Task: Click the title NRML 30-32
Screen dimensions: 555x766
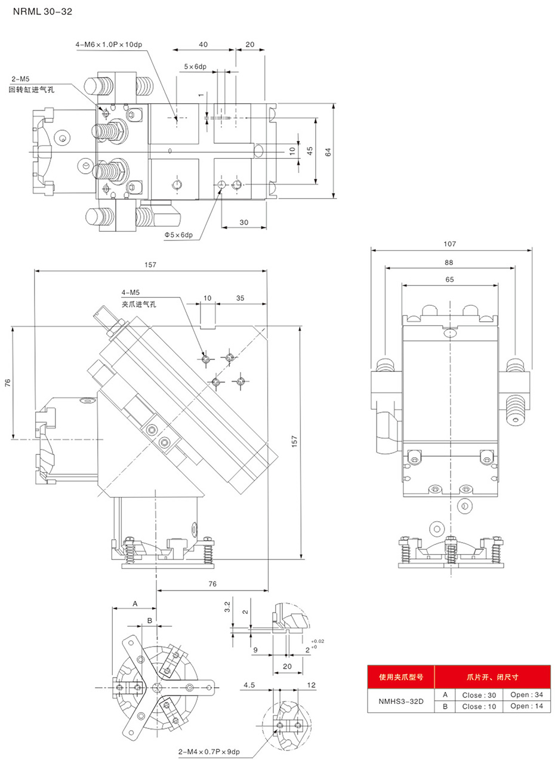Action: tap(42, 11)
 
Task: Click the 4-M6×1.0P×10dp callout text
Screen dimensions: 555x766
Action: tap(109, 44)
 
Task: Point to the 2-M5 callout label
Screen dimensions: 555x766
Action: tap(20, 79)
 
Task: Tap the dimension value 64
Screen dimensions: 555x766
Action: tap(328, 152)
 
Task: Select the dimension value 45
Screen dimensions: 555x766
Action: tap(310, 151)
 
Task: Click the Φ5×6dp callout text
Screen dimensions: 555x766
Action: tap(178, 235)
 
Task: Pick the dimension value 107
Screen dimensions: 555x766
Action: tap(450, 244)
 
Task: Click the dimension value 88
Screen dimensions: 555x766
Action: tap(449, 262)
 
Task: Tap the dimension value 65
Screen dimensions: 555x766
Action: tap(449, 279)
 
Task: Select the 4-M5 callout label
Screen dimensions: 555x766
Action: tap(131, 293)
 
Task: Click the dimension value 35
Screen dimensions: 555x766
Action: tap(240, 298)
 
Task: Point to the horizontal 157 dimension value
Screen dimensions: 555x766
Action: tap(150, 264)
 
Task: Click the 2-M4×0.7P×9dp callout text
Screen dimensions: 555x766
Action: tap(209, 752)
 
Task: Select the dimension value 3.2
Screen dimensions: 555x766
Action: tap(227, 607)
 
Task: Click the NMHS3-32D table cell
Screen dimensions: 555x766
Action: tap(400, 702)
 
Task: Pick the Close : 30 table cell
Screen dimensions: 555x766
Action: tap(479, 695)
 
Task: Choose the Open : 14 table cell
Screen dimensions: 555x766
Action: tap(526, 706)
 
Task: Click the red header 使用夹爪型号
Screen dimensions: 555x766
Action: tap(400, 677)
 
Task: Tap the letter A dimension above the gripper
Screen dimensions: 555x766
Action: tap(135, 604)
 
